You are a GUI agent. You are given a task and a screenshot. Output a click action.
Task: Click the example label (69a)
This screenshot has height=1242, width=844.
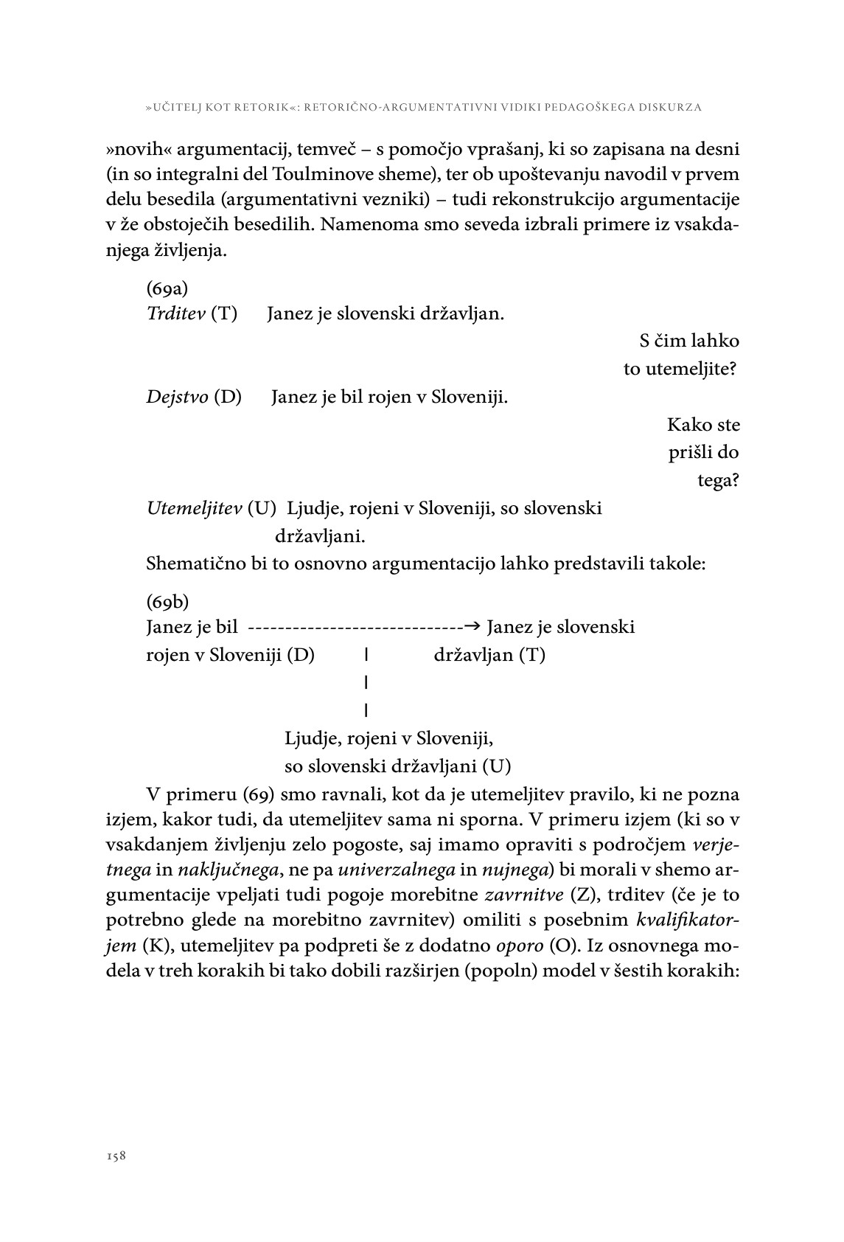pos(167,287)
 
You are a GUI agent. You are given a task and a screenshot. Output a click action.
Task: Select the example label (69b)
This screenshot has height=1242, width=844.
pos(168,602)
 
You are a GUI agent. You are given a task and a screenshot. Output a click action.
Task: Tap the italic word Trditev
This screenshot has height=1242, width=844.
pos(176,314)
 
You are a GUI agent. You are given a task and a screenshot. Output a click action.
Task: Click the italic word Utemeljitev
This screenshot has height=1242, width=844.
pos(195,508)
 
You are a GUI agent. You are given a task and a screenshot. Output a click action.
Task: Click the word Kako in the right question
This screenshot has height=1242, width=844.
pos(684,425)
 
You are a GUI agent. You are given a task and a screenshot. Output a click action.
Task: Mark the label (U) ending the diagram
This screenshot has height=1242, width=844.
pos(496,766)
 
